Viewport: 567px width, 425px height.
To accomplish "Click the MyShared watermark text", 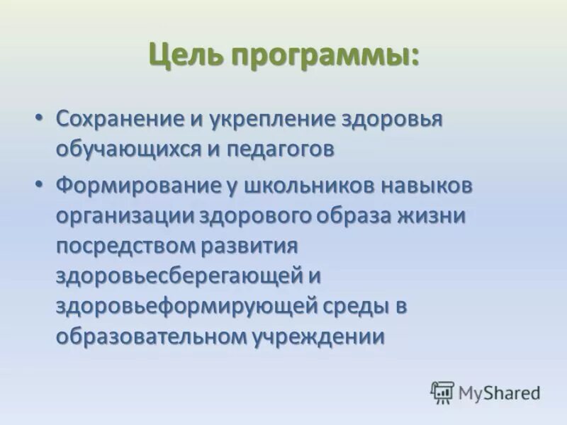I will pyautogui.click(x=499, y=392).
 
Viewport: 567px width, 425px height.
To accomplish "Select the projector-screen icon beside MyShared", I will pyautogui.click(x=442, y=392).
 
